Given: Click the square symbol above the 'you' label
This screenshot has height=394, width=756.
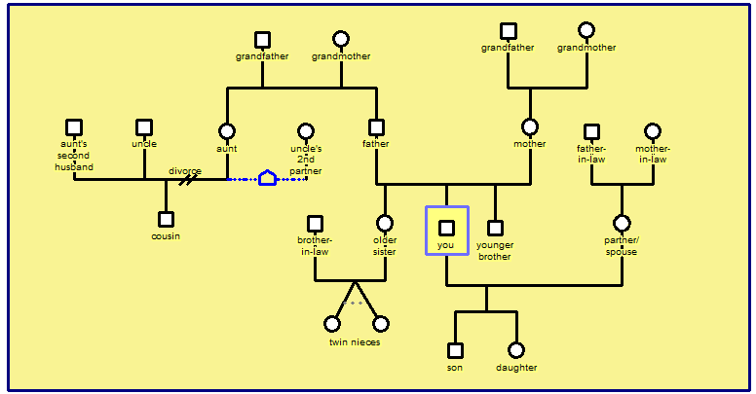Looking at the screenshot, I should click(x=446, y=228).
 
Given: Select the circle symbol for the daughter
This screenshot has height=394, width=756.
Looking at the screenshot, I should click(x=516, y=350).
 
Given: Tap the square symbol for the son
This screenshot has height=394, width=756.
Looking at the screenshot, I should click(x=455, y=350).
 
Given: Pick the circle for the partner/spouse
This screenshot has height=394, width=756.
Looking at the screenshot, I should click(x=622, y=224).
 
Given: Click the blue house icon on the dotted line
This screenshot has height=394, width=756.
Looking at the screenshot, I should click(x=267, y=178).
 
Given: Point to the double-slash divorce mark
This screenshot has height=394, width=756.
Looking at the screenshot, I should click(x=185, y=180).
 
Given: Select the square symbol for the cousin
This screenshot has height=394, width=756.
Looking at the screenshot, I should click(x=166, y=220).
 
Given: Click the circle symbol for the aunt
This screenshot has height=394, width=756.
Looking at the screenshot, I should click(x=227, y=131).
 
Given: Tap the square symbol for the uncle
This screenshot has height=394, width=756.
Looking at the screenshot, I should click(x=144, y=127).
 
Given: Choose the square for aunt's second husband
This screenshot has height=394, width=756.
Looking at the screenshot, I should click(x=74, y=127).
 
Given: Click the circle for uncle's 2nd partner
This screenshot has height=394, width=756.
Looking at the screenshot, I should click(x=306, y=131).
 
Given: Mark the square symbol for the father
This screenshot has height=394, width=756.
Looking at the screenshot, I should click(x=376, y=127).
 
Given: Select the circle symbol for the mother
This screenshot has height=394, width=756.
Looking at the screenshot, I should click(x=530, y=127).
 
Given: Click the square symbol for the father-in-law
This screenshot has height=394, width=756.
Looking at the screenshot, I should click(x=591, y=131).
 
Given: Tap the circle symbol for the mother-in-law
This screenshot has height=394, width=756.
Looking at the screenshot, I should click(x=652, y=131).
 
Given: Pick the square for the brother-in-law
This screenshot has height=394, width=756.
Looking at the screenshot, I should click(x=315, y=224).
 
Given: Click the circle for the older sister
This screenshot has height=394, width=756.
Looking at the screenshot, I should click(x=385, y=224).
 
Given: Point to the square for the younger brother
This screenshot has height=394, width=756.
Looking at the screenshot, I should click(x=495, y=228).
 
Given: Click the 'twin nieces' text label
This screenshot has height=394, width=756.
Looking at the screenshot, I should click(x=355, y=342).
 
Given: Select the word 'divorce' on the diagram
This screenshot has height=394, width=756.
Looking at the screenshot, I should click(x=185, y=171).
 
